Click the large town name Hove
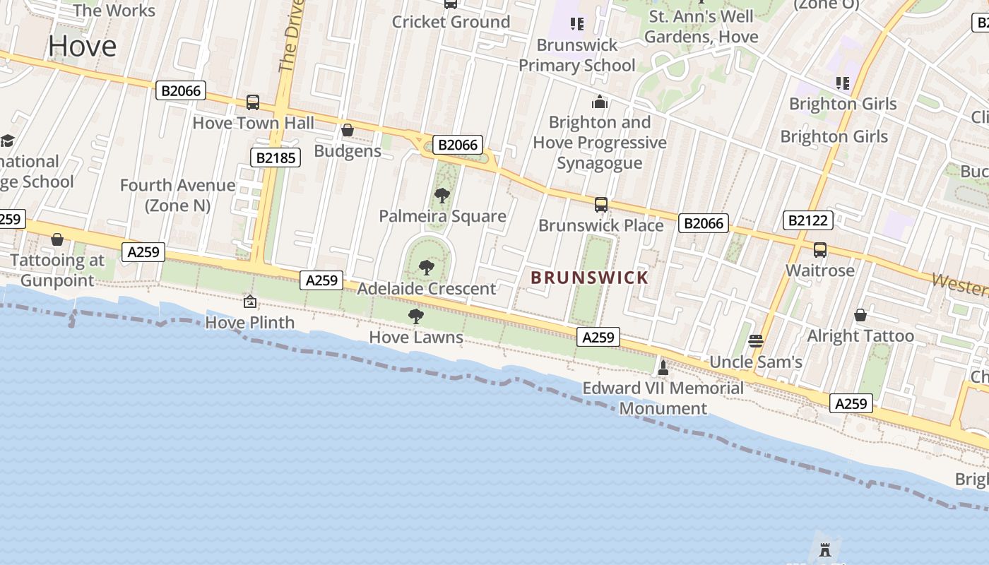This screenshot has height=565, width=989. pyautogui.click(x=82, y=46)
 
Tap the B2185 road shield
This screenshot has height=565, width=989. pyautogui.click(x=276, y=157)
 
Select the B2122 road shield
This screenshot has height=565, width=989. pyautogui.click(x=807, y=220)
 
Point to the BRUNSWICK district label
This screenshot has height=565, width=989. pyautogui.click(x=589, y=278)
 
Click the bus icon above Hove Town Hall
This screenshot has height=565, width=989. pyautogui.click(x=253, y=102)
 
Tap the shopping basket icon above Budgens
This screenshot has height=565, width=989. pyautogui.click(x=347, y=131)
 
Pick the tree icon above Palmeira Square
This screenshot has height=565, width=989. pyautogui.click(x=442, y=195)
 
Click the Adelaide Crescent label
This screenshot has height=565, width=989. pyautogui.click(x=427, y=289)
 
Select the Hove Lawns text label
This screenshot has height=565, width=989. pyautogui.click(x=416, y=337)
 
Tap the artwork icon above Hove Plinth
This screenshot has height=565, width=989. pyautogui.click(x=249, y=302)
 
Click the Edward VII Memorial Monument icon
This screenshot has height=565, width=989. pyautogui.click(x=663, y=367)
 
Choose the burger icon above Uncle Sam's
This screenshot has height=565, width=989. pyautogui.click(x=755, y=342)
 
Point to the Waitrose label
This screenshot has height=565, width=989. pyautogui.click(x=819, y=270)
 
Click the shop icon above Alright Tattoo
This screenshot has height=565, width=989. pyautogui.click(x=860, y=315)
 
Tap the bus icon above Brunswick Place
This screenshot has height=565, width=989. pyautogui.click(x=600, y=205)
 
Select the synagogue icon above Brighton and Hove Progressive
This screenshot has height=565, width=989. pyautogui.click(x=600, y=102)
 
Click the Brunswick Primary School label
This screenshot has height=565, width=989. pyautogui.click(x=577, y=55)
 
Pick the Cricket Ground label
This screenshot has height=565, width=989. pyautogui.click(x=451, y=22)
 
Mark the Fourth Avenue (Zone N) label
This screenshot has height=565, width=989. pyautogui.click(x=177, y=195)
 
